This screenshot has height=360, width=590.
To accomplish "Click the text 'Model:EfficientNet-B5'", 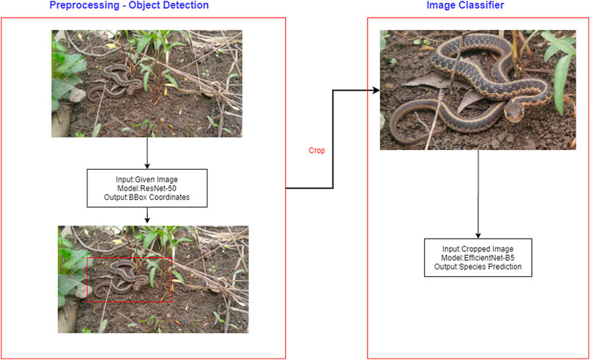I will point(478,256).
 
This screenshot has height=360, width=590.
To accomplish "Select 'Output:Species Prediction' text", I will point(478,267).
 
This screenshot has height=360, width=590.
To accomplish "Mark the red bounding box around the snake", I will point(129,258).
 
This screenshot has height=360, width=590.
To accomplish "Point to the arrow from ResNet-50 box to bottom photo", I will point(148,214).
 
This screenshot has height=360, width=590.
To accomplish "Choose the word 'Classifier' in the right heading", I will point(486,6).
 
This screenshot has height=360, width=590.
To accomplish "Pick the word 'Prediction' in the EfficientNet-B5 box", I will point(503,267).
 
